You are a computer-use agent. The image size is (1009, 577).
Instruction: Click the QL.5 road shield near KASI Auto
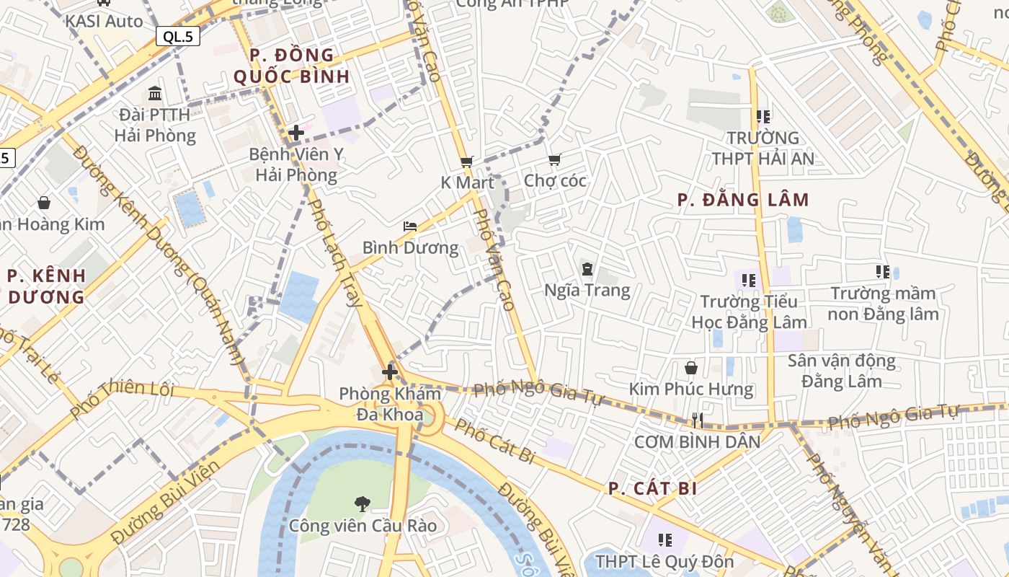tap(178, 37)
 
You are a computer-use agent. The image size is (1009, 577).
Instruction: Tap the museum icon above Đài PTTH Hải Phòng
tap(155, 93)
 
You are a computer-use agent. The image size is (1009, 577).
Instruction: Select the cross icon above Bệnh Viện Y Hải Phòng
tap(295, 133)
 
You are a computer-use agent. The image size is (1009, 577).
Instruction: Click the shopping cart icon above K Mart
tap(466, 162)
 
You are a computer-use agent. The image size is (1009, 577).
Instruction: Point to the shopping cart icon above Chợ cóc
tap(554, 159)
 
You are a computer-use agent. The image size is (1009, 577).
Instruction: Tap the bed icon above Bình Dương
tap(410, 226)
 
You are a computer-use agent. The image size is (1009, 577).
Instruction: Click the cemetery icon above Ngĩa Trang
tap(587, 269)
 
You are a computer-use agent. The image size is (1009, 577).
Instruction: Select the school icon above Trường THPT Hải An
tap(763, 116)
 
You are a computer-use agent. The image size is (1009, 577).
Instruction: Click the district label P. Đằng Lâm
tap(743, 200)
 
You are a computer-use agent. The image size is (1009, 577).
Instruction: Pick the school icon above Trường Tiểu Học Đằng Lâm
tap(748, 280)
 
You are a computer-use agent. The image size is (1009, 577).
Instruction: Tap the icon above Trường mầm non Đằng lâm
tap(883, 272)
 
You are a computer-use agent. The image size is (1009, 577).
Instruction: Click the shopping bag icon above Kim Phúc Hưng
tap(691, 368)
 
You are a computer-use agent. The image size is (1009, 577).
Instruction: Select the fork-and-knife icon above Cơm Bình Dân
tap(697, 420)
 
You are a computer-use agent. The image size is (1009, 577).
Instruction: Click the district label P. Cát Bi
tap(652, 488)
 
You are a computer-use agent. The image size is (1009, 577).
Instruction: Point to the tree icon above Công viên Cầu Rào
tap(363, 503)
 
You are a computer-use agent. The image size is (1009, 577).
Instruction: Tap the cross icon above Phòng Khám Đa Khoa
tap(390, 372)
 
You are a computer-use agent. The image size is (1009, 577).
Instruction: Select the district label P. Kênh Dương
tap(47, 286)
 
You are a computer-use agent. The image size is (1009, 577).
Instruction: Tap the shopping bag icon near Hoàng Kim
tap(44, 203)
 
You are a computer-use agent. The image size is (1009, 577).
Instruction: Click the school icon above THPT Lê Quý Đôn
tap(664, 539)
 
